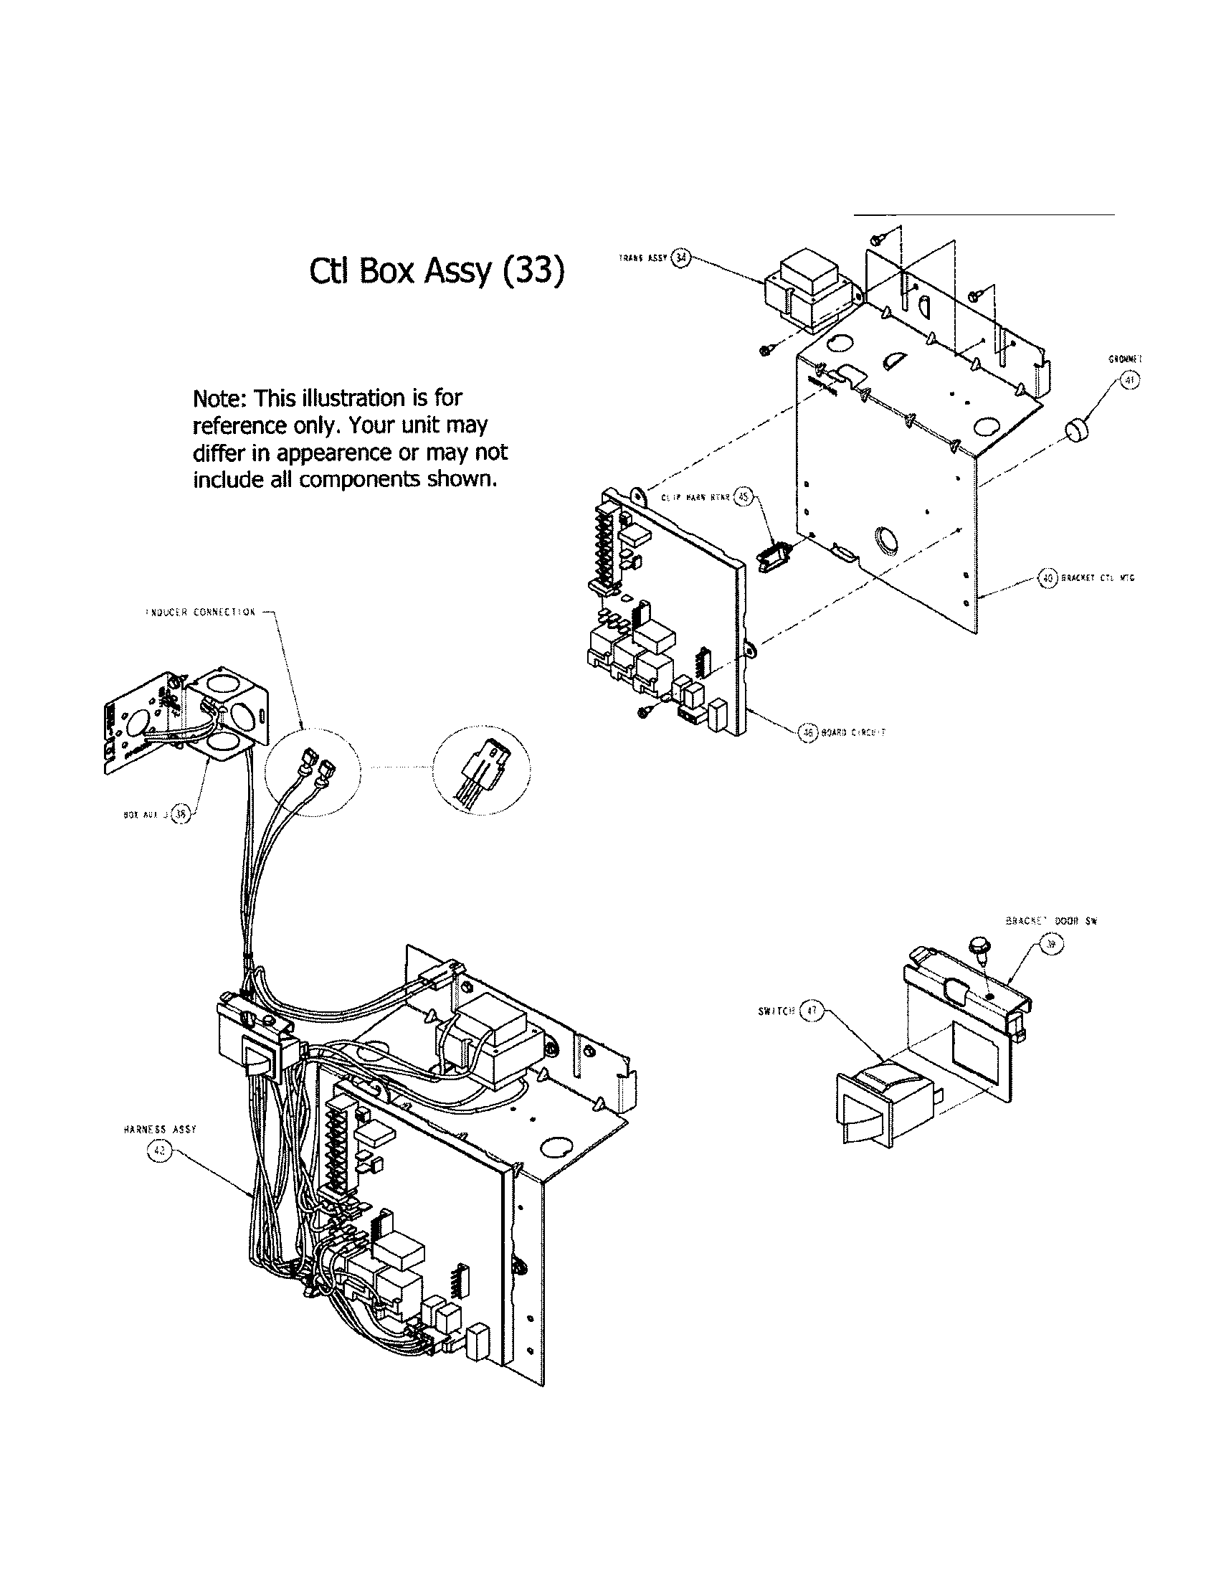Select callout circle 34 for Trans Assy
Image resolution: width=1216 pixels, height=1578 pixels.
point(681,258)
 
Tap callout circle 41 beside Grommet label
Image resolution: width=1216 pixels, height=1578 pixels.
point(1131,380)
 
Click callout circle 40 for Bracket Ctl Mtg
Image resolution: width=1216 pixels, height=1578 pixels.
point(1047,577)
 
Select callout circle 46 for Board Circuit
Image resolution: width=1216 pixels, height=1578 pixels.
point(807,732)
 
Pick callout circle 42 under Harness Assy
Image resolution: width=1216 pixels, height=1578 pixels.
point(158,1153)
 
